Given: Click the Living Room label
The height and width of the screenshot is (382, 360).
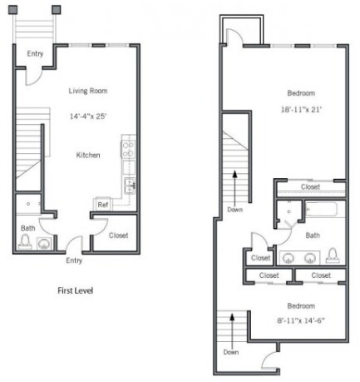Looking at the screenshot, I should point(87,91).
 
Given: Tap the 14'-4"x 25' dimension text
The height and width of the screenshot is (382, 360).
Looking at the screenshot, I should point(88,117).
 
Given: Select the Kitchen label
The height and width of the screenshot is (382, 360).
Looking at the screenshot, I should point(88,155).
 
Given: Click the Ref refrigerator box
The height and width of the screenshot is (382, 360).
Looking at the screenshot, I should point(103,204).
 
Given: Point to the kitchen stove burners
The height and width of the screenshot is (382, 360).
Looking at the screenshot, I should point(129,150).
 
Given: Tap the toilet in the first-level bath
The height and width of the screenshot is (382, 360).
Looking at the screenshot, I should point(25,242).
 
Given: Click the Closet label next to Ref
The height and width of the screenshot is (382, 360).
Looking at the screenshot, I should point(119,236).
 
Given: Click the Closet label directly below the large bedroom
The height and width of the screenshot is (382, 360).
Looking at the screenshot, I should point(310,187).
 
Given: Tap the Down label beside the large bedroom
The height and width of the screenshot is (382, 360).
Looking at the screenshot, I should point(234,210).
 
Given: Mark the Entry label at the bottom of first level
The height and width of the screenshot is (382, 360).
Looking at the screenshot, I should point(74,260).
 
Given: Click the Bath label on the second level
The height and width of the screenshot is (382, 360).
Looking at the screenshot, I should point(312,236).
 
